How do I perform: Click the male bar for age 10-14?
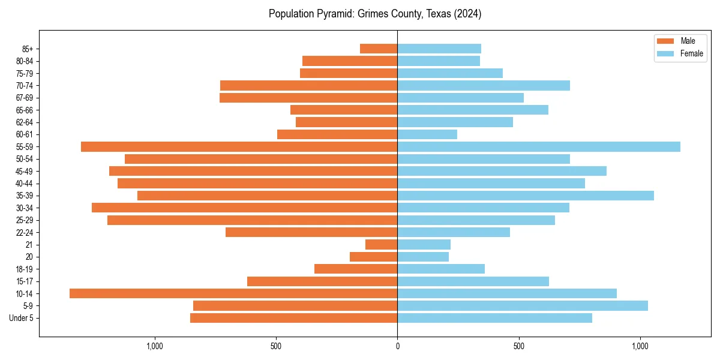(x=233, y=293)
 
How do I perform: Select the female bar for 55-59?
(x=539, y=146)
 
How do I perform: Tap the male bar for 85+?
(x=379, y=49)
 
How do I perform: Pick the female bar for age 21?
(x=424, y=244)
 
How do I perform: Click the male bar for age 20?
(x=373, y=257)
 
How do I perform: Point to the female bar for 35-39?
(x=526, y=196)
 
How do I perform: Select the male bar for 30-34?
(x=244, y=208)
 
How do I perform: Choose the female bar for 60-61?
(x=427, y=134)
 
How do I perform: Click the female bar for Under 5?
(x=494, y=318)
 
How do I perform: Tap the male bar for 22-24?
(x=311, y=232)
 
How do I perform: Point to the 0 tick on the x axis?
(x=397, y=346)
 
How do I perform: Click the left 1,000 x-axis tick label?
(x=155, y=346)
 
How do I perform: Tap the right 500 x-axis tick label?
(x=519, y=346)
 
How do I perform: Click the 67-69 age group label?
(x=25, y=98)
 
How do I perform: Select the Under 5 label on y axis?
(x=21, y=318)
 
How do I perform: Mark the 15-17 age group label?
(x=25, y=281)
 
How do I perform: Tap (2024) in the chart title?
(x=468, y=14)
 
